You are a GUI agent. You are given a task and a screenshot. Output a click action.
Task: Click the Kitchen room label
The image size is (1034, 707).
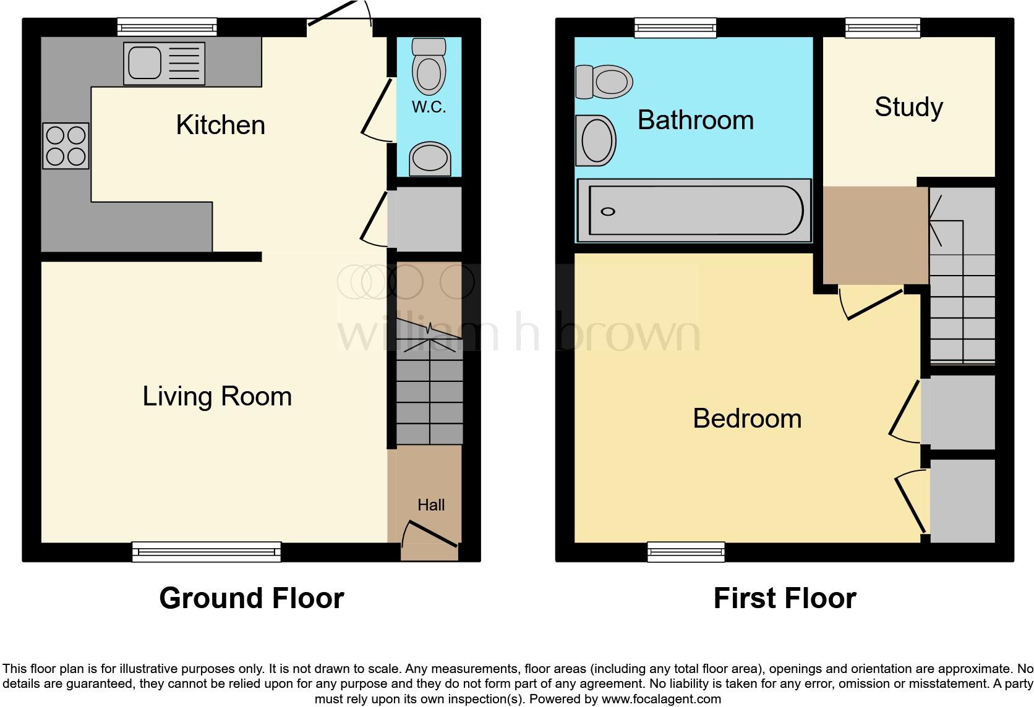220,125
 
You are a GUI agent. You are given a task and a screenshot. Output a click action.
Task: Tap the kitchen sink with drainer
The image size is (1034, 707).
164,63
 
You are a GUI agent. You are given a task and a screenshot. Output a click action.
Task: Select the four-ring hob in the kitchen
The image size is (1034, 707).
66,146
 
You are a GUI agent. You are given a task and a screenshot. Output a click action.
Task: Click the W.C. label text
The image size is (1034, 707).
429,107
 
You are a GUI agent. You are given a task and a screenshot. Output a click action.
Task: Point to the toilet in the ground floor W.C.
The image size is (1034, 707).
429,66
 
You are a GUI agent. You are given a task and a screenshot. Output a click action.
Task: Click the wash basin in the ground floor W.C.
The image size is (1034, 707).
430,159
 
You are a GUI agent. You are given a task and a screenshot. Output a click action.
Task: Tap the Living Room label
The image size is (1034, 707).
217,396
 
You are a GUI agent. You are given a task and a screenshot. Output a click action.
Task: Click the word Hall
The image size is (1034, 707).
431,505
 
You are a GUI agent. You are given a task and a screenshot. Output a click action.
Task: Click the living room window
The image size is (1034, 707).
207,551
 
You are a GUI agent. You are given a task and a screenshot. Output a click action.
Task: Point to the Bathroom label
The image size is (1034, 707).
696,120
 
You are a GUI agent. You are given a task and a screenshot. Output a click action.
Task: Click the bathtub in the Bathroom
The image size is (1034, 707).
693,211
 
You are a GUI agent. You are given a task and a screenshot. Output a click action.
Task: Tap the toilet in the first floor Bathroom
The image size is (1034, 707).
604,82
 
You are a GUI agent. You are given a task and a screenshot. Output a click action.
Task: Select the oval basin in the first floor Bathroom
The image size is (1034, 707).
596,140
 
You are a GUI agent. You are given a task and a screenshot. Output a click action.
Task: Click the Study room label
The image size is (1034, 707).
908,107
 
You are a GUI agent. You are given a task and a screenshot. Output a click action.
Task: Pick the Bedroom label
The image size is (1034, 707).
747,418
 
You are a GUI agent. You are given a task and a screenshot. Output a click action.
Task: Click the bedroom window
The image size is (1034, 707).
686,551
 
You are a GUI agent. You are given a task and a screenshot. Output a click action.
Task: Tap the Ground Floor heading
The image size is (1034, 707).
252,598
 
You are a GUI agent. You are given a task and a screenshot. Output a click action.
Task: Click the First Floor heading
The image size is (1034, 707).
785,598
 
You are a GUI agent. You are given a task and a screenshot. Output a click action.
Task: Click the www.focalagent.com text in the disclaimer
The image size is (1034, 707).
661,700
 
